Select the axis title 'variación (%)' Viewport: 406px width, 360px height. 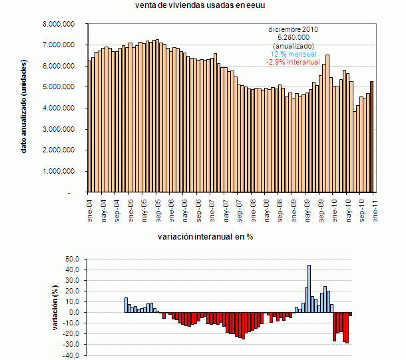[56, 307]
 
